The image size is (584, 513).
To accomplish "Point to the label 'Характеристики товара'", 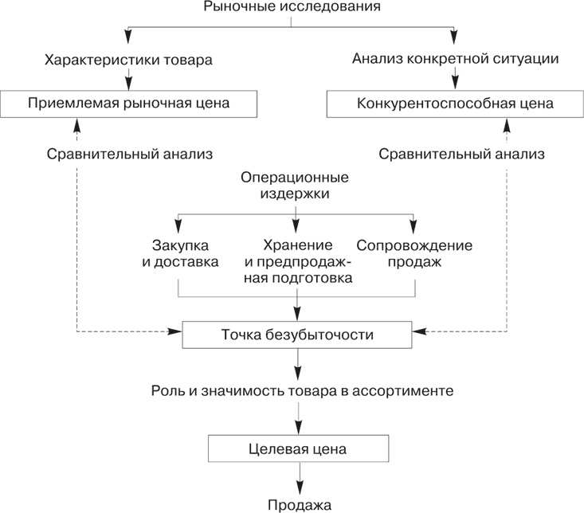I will click(x=129, y=59).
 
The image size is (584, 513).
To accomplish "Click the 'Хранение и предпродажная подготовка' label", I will click(x=296, y=260).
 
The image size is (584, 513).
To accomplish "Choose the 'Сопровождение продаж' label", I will click(x=414, y=253).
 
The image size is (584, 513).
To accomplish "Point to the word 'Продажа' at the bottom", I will click(x=299, y=504).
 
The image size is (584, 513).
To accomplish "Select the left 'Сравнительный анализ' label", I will click(x=129, y=153).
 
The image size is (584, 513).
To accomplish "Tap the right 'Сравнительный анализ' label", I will click(x=462, y=153).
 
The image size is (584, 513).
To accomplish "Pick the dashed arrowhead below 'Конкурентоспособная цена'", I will click(x=508, y=123).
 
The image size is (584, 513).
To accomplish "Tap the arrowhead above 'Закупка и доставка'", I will click(x=177, y=225).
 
